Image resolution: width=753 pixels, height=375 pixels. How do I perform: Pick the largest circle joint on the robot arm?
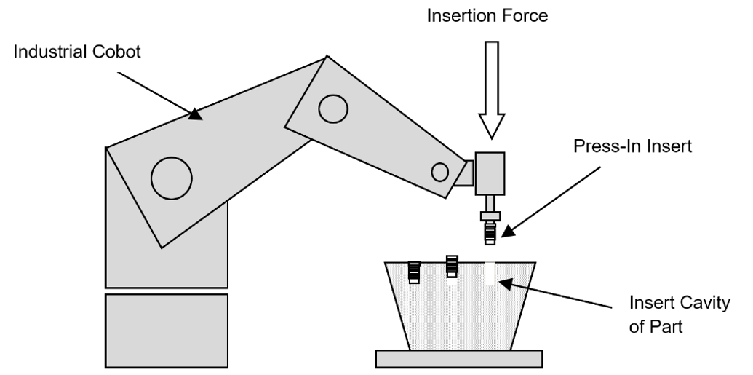(172, 177)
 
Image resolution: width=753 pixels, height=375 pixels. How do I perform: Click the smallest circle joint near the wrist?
(439, 172)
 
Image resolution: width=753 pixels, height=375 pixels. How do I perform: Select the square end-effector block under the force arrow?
(490, 173)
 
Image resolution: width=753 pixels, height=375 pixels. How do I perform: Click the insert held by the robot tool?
(490, 233)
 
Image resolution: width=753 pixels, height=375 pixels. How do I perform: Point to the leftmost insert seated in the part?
(414, 272)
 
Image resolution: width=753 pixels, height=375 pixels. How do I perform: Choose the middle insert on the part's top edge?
(452, 267)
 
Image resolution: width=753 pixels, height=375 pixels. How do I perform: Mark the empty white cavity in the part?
(490, 272)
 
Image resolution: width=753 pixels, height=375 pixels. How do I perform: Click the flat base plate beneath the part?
(458, 358)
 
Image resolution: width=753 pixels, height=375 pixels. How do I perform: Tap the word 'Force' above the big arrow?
(527, 15)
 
